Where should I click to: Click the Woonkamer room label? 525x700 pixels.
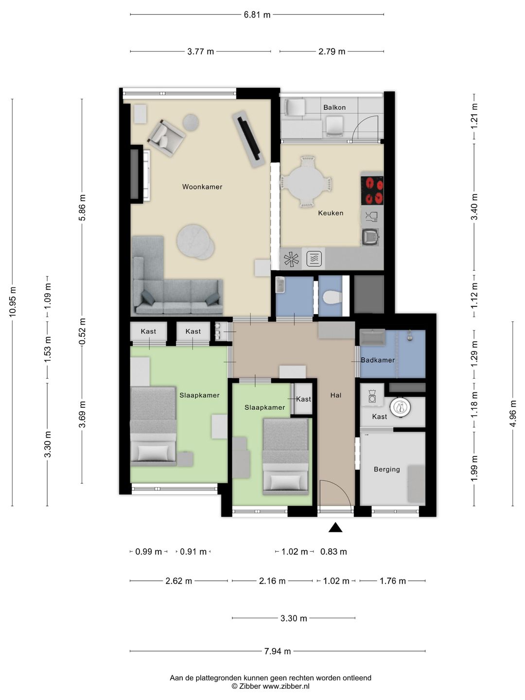(x=202, y=187)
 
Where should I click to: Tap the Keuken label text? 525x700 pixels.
(x=331, y=213)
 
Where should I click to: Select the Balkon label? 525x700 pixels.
(x=334, y=107)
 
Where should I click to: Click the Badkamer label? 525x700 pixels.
(x=378, y=360)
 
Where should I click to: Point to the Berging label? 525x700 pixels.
(x=386, y=469)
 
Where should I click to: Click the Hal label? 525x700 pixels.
(x=335, y=395)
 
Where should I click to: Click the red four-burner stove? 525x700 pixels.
(x=372, y=191)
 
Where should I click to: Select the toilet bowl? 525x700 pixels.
(x=332, y=298)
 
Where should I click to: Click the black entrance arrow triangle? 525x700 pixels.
(x=335, y=528)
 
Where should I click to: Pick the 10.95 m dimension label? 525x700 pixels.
(x=13, y=302)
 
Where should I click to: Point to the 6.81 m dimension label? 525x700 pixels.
(x=257, y=15)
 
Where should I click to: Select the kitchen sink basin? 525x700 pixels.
(x=370, y=237)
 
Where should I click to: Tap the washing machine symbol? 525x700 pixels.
(x=372, y=396)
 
